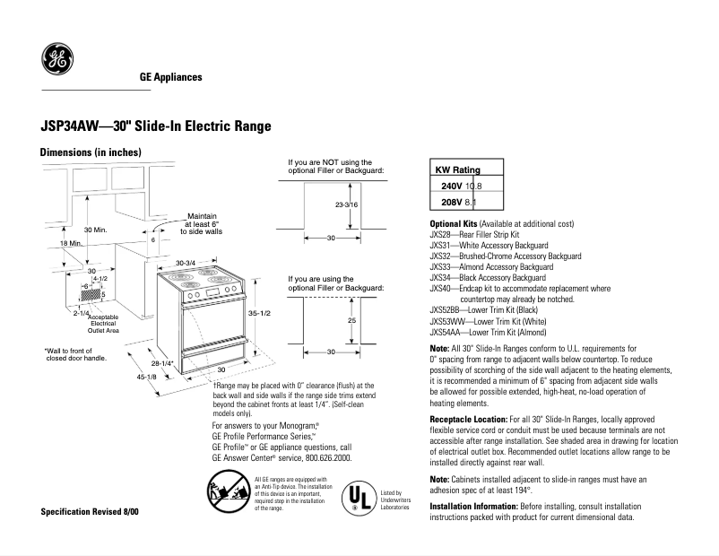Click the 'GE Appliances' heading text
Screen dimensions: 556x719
170,77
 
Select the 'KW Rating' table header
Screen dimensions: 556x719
457,169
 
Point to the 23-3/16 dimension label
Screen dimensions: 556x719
346,206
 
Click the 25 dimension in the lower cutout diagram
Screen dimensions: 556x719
352,319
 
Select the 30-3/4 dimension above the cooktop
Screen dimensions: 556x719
186,262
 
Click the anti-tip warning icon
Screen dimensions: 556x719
228,493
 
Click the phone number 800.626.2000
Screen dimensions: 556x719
325,456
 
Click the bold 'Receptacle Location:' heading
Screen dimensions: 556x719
468,419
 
